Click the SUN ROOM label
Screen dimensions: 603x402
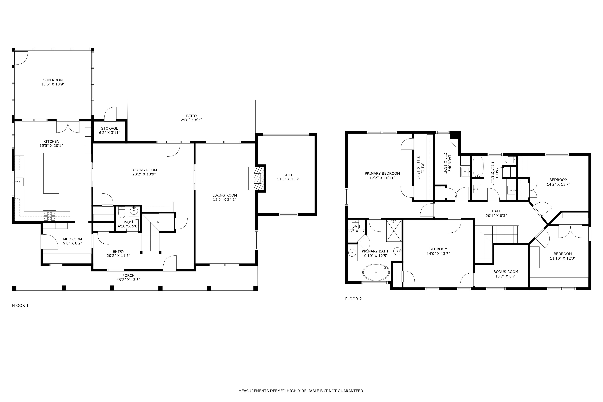pos(53,80)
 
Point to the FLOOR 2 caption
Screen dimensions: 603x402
pos(353,299)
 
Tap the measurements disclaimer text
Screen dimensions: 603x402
pos(301,391)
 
